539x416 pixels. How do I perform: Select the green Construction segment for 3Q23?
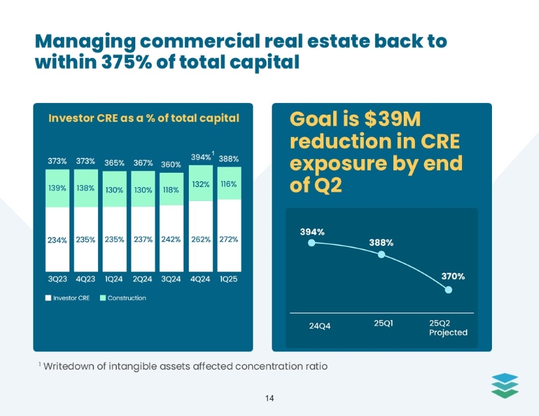(x=57, y=188)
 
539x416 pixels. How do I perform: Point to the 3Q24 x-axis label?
(x=171, y=279)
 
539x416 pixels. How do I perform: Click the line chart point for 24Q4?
(x=312, y=243)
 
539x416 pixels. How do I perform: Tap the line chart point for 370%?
(x=448, y=290)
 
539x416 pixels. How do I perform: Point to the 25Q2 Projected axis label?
(x=448, y=327)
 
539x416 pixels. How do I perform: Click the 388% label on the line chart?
(x=382, y=242)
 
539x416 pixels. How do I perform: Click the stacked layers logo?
(x=504, y=384)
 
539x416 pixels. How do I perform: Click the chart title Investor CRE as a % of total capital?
(x=144, y=118)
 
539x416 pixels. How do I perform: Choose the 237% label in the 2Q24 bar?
(x=142, y=239)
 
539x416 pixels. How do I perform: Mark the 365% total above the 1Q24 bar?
(x=114, y=163)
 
